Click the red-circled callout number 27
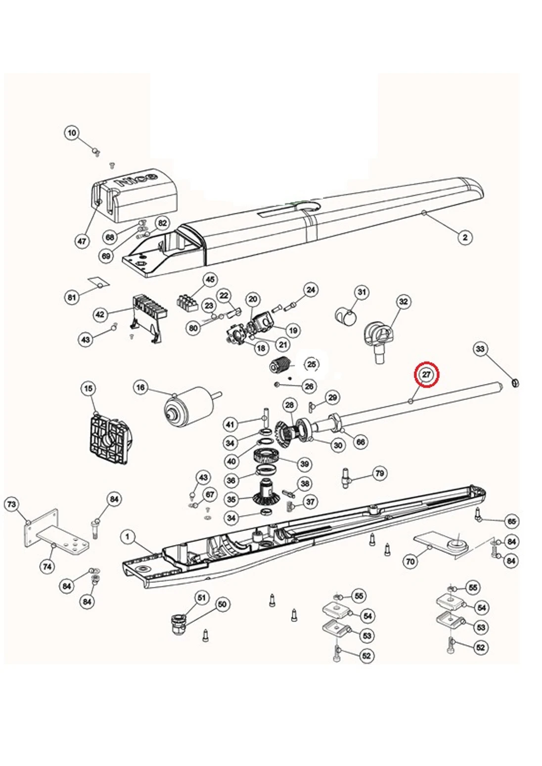426,375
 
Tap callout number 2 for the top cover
464,238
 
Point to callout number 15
89,388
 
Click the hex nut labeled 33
514,383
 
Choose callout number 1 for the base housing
128,536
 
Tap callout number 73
11,505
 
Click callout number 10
72,133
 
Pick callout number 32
404,301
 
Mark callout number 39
304,464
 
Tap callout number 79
379,474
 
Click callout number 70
410,562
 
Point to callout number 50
222,604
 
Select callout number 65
512,521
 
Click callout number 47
82,241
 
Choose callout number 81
72,297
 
